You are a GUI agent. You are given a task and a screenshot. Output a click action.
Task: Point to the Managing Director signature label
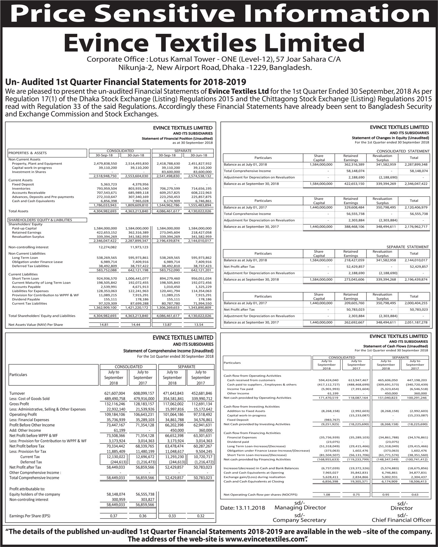(x=300, y=507)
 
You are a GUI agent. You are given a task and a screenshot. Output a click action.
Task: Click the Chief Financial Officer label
(x=401, y=520)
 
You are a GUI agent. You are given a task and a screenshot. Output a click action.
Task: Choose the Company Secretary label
(x=299, y=520)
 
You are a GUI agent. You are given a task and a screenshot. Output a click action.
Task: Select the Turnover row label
(x=17, y=393)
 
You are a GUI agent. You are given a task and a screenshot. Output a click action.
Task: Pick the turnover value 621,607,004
(x=115, y=393)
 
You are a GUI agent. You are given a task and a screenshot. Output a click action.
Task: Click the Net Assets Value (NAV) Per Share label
(x=36, y=325)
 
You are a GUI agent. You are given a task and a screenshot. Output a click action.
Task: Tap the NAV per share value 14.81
(x=104, y=325)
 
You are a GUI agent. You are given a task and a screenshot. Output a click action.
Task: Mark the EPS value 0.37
(x=114, y=516)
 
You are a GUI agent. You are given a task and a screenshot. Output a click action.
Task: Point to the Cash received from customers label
(x=251, y=380)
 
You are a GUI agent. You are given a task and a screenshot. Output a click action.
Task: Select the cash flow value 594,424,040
(x=326, y=380)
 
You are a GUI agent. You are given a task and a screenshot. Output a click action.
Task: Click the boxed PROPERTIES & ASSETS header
(x=28, y=153)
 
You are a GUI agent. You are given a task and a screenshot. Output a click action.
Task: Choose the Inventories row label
(x=21, y=189)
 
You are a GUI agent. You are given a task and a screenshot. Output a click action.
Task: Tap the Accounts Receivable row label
(x=28, y=193)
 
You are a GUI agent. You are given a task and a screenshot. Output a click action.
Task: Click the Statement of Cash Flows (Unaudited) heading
(x=395, y=346)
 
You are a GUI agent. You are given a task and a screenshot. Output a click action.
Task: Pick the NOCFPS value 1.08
(x=326, y=494)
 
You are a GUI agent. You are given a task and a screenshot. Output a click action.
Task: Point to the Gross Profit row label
(x=19, y=404)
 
